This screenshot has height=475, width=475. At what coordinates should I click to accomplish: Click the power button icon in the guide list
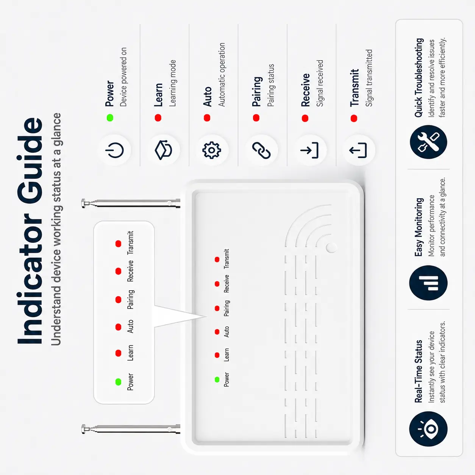114,150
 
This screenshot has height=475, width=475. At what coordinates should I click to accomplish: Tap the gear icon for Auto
211,150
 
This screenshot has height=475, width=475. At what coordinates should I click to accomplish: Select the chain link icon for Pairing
261,150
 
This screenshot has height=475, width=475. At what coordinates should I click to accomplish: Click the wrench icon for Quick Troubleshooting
428,142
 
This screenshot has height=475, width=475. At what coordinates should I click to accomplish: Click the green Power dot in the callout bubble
118,382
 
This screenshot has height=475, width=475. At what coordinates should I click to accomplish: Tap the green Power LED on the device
217,380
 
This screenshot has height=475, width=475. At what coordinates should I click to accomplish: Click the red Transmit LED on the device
217,259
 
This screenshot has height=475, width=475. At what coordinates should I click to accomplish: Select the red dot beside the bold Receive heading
305,118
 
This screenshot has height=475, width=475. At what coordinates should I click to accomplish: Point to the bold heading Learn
158,95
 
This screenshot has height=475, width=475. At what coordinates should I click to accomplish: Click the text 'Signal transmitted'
369,78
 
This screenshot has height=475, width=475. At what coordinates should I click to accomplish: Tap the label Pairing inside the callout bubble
131,299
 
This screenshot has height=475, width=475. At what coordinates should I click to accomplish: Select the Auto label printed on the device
226,332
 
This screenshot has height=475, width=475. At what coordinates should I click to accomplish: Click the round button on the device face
331,247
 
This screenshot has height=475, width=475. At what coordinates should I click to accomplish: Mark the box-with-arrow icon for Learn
163,150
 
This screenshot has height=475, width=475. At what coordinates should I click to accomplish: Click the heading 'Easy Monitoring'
419,227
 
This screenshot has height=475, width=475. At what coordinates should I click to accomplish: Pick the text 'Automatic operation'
222,75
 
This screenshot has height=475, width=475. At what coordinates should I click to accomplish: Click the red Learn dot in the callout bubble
118,353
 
